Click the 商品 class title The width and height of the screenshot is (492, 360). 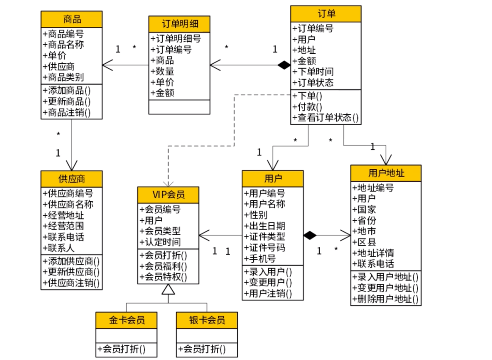72,20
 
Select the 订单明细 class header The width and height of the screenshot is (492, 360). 179,24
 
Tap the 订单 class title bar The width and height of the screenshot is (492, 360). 326,14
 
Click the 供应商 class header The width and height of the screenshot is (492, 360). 72,179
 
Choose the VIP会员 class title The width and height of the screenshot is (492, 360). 168,195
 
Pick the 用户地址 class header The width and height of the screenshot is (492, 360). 386,173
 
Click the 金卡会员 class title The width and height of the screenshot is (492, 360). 127,320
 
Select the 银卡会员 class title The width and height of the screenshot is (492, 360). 207,320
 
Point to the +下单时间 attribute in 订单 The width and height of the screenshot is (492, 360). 313,72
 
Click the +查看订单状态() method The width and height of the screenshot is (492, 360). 325,117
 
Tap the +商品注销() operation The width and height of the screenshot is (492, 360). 67,112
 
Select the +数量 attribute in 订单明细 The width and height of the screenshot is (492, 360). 162,71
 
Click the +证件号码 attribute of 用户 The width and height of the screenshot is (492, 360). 265,248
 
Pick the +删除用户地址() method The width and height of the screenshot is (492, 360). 385,299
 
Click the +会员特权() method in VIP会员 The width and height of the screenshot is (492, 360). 163,277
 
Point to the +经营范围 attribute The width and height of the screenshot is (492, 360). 63,226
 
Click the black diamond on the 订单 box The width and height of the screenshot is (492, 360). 284,65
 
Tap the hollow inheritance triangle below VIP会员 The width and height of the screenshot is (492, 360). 168,289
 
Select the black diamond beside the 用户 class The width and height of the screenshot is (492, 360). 310,235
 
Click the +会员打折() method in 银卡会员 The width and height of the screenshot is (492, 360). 202,349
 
